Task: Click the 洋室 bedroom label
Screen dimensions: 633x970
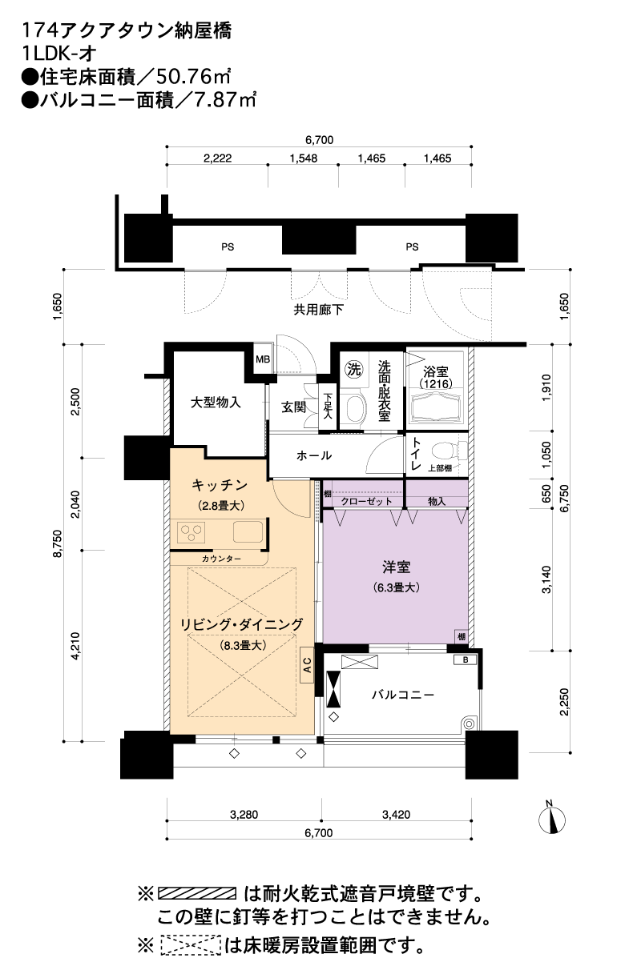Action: click(x=396, y=567)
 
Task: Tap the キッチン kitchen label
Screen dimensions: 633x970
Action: click(x=220, y=485)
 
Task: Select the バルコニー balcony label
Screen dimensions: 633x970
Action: click(x=403, y=695)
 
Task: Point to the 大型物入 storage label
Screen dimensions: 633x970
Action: click(x=216, y=403)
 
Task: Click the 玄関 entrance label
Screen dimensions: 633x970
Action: click(x=293, y=407)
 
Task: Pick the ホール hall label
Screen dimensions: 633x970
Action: click(x=314, y=455)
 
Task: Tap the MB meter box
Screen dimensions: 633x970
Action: click(x=263, y=359)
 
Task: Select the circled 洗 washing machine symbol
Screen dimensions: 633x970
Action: click(x=353, y=370)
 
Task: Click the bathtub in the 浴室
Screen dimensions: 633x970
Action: click(x=436, y=407)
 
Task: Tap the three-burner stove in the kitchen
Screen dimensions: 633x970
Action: click(x=192, y=532)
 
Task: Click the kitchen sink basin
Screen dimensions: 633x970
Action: click(x=248, y=531)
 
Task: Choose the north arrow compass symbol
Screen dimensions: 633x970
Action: click(x=552, y=820)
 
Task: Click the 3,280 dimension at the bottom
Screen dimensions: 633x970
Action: click(x=244, y=815)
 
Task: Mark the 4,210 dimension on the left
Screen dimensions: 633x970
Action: click(x=76, y=646)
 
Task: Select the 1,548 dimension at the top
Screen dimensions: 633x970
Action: click(x=304, y=158)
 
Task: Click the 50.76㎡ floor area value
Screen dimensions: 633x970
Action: click(x=192, y=77)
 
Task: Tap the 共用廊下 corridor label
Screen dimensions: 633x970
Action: click(x=319, y=310)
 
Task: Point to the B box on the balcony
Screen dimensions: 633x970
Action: click(x=466, y=660)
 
